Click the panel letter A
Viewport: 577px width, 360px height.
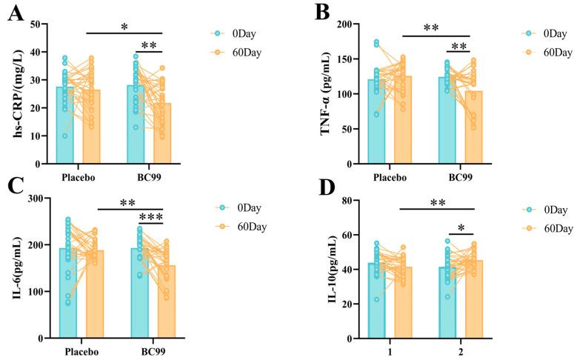[12, 16]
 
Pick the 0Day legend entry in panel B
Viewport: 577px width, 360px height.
[541, 33]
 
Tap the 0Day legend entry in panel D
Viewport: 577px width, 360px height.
[541, 209]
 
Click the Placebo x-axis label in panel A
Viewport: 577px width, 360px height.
[83, 177]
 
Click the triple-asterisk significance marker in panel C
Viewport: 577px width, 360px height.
[150, 217]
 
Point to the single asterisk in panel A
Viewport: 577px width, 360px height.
[124, 27]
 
